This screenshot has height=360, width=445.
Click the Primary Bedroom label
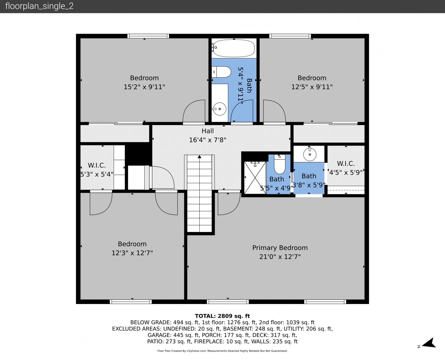pyautogui.click(x=280, y=248)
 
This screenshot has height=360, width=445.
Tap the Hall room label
pyautogui.click(x=208, y=131)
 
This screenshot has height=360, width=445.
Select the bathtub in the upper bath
pyautogui.click(x=234, y=48)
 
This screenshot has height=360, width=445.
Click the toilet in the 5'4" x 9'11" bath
pyautogui.click(x=221, y=72)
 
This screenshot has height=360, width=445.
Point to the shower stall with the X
pyautogui.click(x=255, y=178)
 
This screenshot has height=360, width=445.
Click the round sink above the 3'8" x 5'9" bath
pyautogui.click(x=310, y=154)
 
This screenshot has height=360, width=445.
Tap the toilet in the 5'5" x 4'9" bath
pyautogui.click(x=280, y=164)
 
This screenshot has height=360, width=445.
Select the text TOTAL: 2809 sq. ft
pyautogui.click(x=222, y=316)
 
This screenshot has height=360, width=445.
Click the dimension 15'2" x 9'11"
pyautogui.click(x=144, y=87)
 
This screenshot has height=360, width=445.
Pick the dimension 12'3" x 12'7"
pyautogui.click(x=132, y=253)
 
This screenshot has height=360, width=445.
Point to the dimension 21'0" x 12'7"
pyautogui.click(x=280, y=257)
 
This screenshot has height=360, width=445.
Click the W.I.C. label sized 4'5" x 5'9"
pyautogui.click(x=346, y=163)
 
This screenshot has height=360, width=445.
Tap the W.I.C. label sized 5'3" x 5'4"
pyautogui.click(x=97, y=165)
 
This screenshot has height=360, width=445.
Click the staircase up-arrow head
pyautogui.click(x=200, y=156)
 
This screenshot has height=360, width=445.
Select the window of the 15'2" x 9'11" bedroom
pyautogui.click(x=148, y=36)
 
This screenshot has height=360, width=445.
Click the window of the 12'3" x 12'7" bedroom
pyautogui.click(x=131, y=301)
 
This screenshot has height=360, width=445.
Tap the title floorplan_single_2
pyautogui.click(x=39, y=6)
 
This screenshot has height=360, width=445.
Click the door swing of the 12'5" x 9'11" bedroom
pyautogui.click(x=274, y=111)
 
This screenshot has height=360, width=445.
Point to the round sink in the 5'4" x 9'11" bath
pyautogui.click(x=220, y=109)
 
